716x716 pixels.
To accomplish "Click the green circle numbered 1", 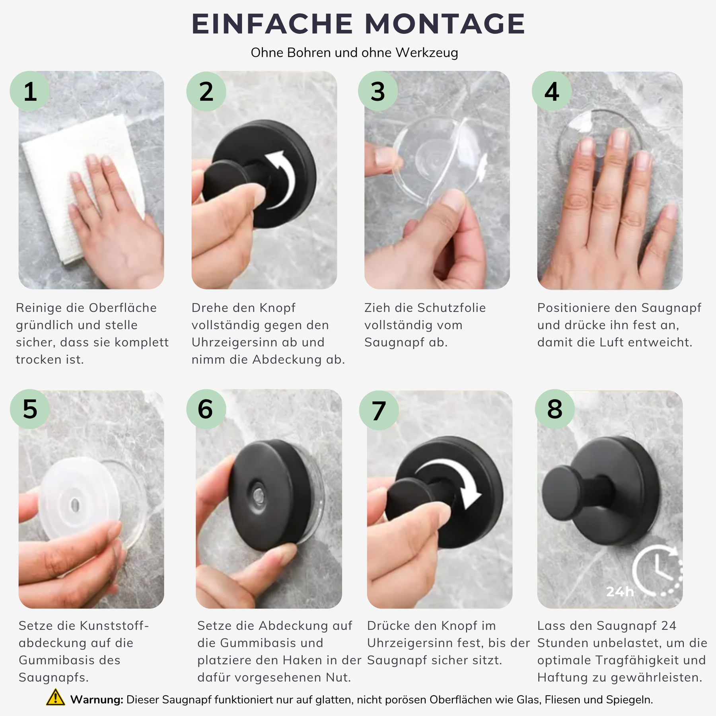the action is click(30, 91).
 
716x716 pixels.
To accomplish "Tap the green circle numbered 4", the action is click(552, 91).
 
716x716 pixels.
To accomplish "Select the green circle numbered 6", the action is click(206, 409).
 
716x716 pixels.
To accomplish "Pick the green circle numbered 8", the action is click(555, 409).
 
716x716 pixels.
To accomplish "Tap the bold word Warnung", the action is click(97, 700).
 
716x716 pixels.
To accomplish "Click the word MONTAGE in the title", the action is click(445, 24).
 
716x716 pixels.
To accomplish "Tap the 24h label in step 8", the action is click(620, 591).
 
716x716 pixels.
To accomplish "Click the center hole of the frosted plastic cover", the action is click(75, 505).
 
